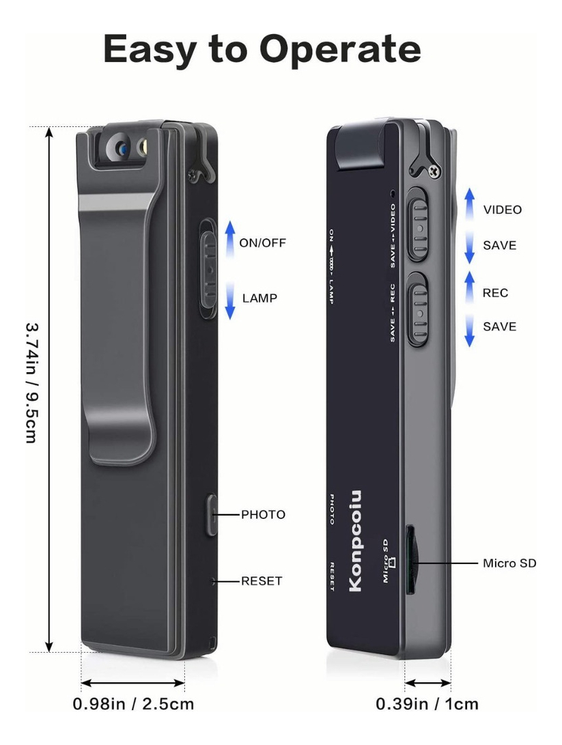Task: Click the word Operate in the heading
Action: tap(339, 50)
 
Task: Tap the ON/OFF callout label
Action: tap(262, 243)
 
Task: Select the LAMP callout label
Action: tap(259, 298)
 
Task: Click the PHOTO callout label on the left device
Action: tap(263, 515)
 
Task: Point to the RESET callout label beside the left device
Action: tap(262, 581)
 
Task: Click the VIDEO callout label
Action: tap(503, 210)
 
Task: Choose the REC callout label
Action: tap(496, 293)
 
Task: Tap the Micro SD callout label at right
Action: tap(509, 563)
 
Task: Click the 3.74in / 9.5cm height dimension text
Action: tap(32, 383)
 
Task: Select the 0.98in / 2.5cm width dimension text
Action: tap(133, 703)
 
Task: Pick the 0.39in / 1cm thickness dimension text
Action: tap(427, 703)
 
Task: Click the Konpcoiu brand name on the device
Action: tap(355, 542)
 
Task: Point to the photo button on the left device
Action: tap(211, 515)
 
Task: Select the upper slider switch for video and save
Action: tap(418, 223)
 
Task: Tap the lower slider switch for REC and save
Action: tap(418, 309)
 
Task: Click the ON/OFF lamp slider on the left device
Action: tap(208, 268)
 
